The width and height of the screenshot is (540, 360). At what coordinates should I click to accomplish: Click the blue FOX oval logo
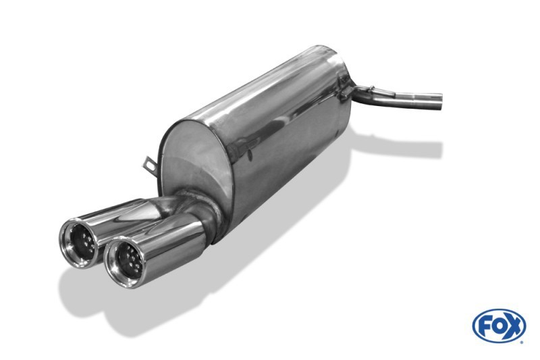[499, 326]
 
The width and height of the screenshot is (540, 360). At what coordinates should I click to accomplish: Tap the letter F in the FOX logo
[485, 326]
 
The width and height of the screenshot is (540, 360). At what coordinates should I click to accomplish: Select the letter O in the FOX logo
[497, 326]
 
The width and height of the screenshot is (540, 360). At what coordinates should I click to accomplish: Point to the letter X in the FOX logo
[513, 326]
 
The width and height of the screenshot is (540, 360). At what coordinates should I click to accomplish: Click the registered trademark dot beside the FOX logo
[522, 342]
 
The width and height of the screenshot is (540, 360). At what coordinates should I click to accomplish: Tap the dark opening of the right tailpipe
[128, 261]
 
